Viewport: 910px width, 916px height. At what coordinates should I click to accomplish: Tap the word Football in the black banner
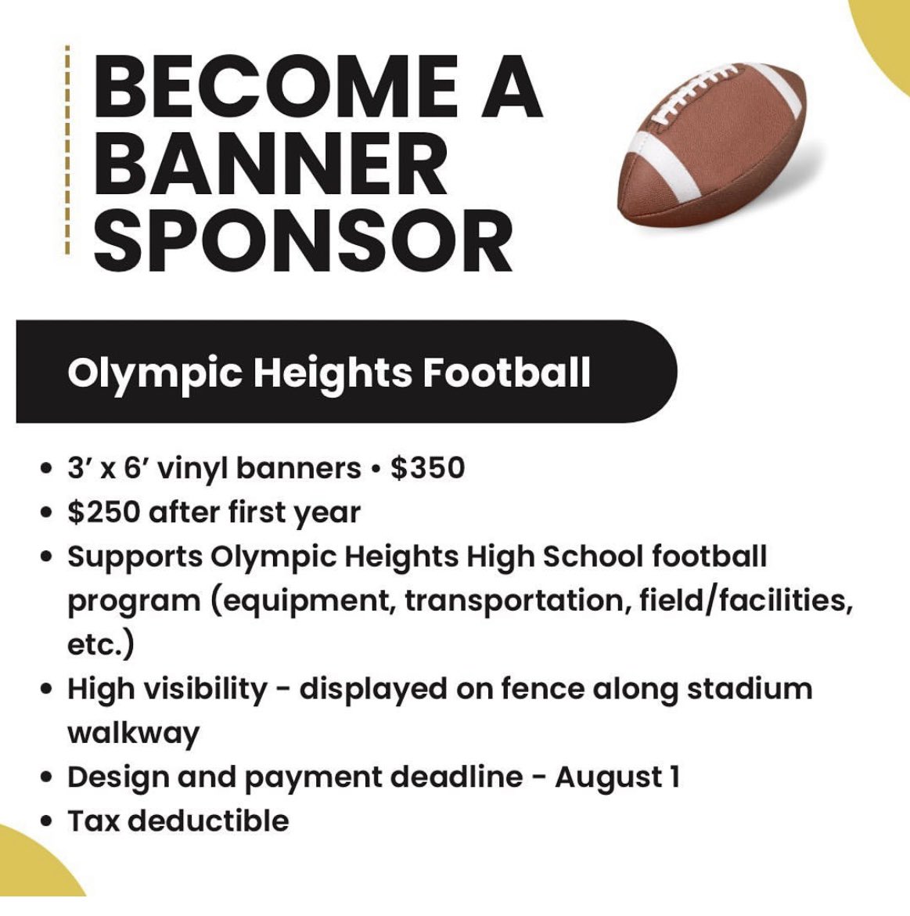click(x=506, y=373)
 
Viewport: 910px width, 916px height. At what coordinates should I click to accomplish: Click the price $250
click(x=103, y=513)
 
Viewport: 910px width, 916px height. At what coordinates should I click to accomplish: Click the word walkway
click(x=133, y=734)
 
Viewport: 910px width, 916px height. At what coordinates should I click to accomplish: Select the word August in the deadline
click(x=608, y=777)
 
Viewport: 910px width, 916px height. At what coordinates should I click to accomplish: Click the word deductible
click(x=208, y=821)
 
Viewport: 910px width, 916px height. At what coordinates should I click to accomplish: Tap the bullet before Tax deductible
click(x=48, y=822)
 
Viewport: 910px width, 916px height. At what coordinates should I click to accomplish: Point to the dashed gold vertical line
click(x=67, y=150)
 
